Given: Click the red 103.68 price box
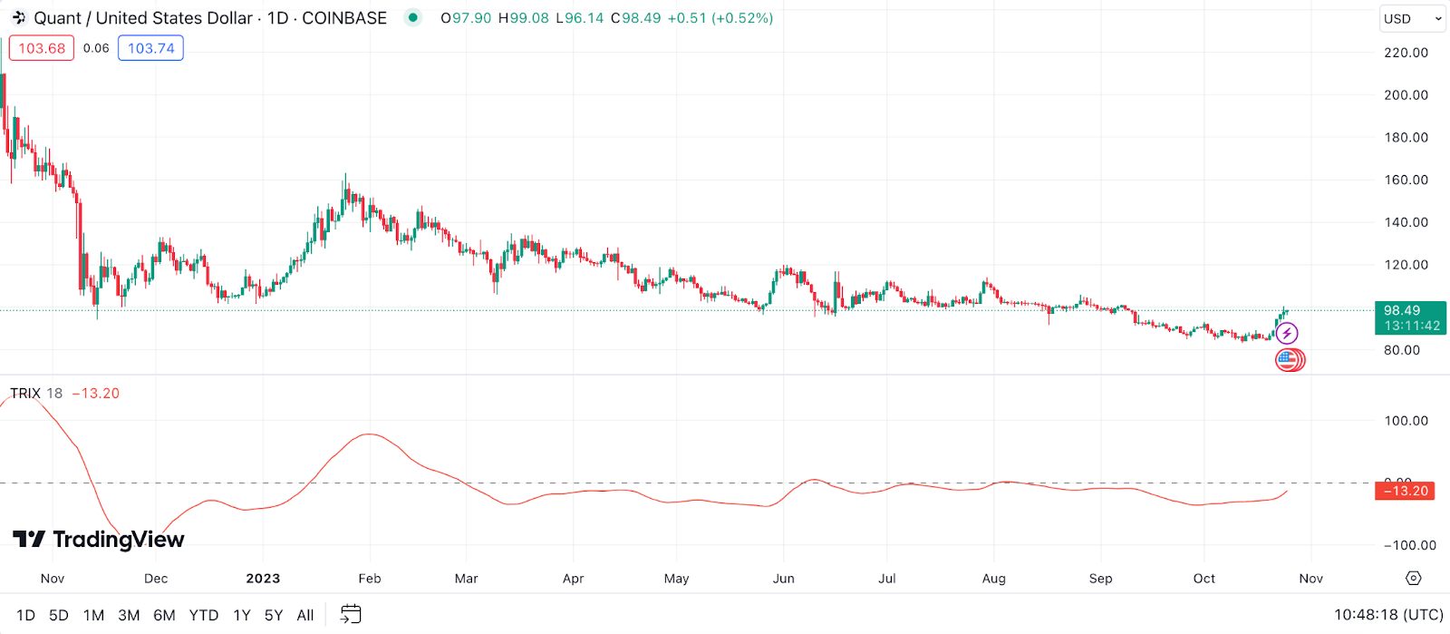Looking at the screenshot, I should pos(42,48).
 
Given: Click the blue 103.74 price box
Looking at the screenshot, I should pos(150,48).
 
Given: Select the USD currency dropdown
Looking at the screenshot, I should pos(1412,18).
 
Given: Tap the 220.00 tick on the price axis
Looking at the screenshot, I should pos(1406,53).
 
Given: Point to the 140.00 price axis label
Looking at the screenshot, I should pos(1406,222).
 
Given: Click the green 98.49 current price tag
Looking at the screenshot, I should pos(1410,317).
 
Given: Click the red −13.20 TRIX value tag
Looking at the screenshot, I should pos(1405,491).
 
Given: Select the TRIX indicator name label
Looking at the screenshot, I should pos(25,393).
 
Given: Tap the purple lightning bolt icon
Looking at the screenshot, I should pos(1287,334).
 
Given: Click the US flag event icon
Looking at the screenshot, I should pos(1287,359).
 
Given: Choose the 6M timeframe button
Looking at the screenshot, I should pos(164,615).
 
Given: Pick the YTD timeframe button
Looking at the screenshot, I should pos(204,615).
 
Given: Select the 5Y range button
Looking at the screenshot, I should pos(274,615).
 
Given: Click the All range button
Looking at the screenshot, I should pos(305,615).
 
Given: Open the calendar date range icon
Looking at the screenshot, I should pos(351,614).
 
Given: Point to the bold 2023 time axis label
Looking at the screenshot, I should pos(263,579).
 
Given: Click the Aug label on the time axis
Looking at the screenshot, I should pos(994,579).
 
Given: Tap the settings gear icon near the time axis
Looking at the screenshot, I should pos(1414,578).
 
